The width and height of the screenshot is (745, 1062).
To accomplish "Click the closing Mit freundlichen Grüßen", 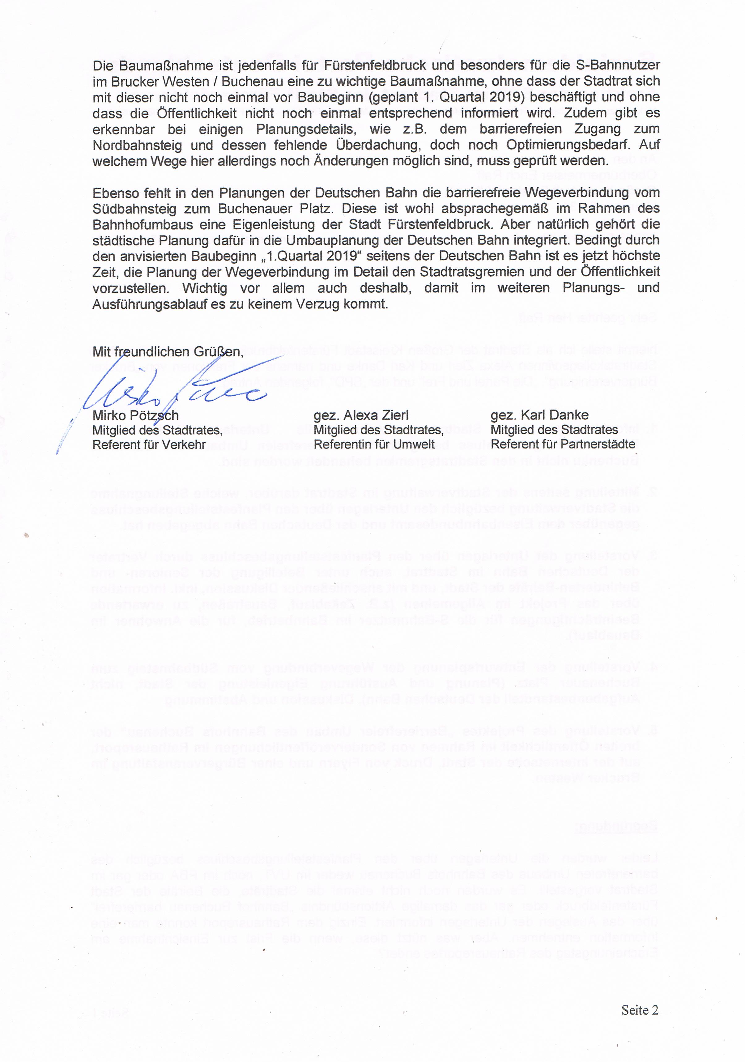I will [x=168, y=352].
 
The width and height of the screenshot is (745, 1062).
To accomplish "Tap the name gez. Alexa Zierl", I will [x=361, y=415].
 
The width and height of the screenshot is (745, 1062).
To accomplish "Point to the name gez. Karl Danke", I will [x=539, y=415].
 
